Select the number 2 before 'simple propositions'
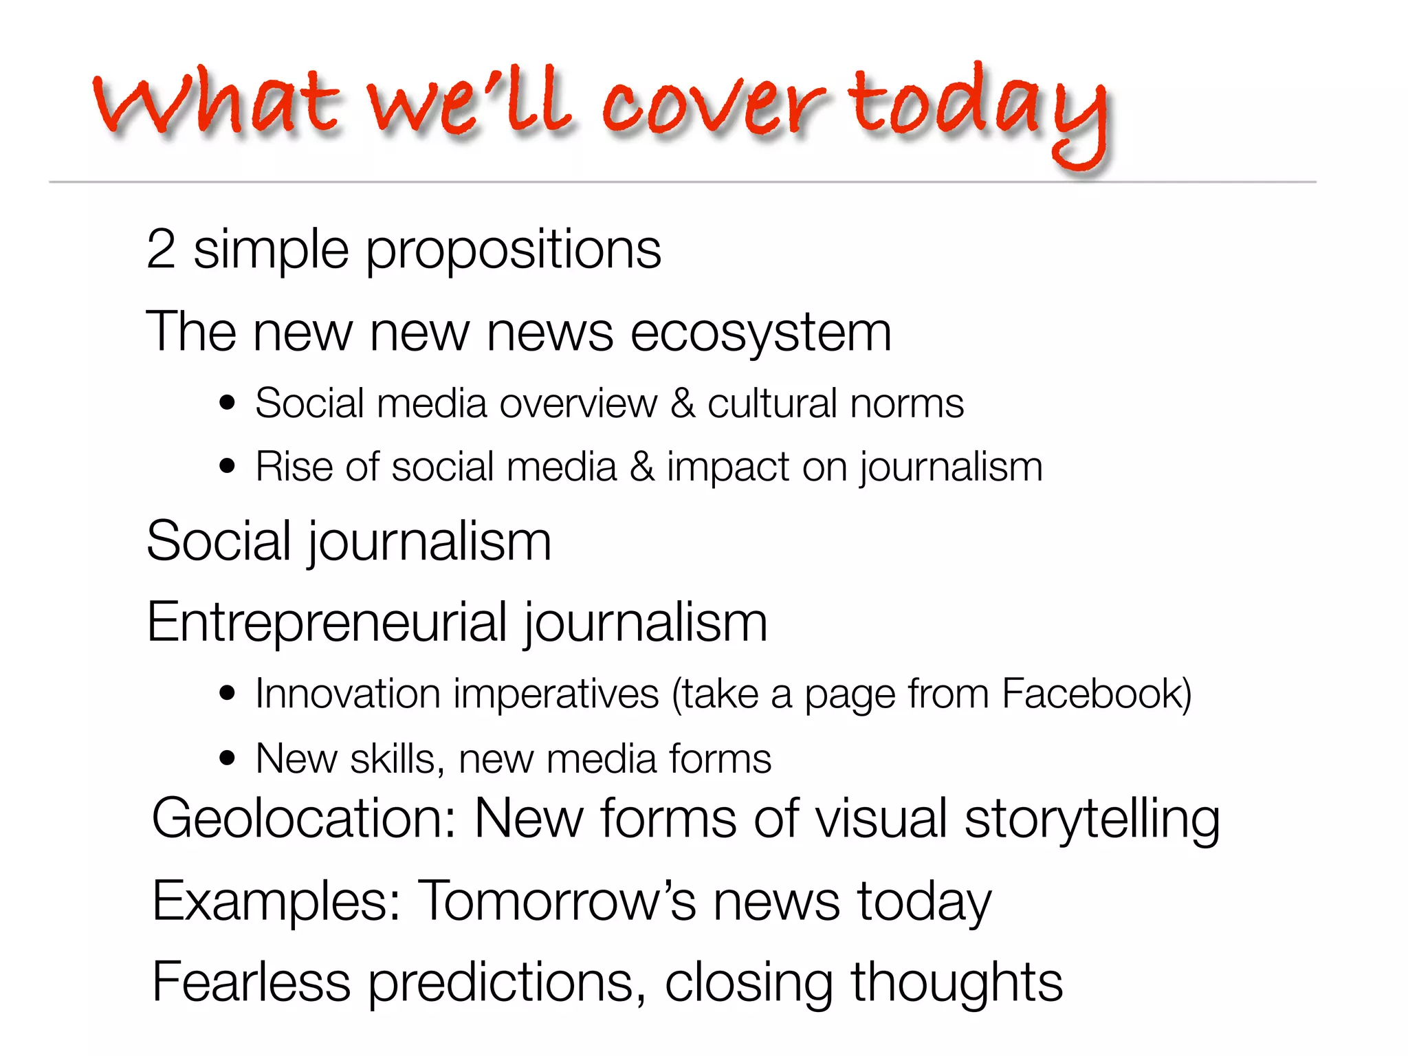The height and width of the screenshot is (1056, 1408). tap(161, 249)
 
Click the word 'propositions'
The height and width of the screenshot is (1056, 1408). tap(513, 252)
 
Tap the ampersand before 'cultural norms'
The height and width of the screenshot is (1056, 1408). tap(683, 403)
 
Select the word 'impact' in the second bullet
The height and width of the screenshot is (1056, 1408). tap(727, 468)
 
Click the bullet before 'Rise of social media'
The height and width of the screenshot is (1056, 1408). tap(227, 467)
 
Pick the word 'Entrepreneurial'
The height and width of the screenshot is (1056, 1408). tap(327, 623)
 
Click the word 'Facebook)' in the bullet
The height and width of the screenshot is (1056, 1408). tap(1097, 694)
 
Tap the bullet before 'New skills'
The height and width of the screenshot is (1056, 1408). tap(227, 759)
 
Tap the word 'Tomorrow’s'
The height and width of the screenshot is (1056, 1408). tap(558, 901)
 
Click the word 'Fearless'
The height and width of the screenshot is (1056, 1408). tap(252, 982)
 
